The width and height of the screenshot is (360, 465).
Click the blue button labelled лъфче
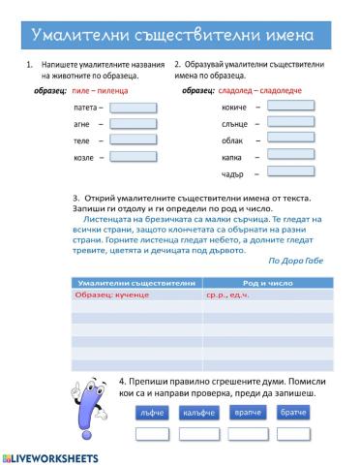[150, 413]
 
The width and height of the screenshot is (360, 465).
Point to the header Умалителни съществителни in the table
[135, 282]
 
